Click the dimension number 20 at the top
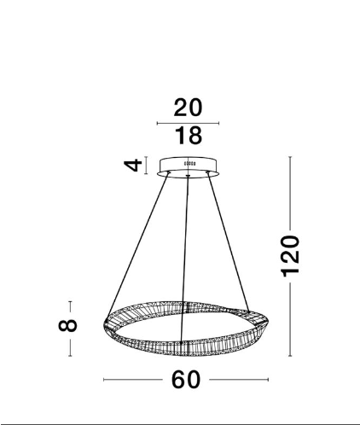tap(188, 108)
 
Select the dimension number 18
tap(189, 136)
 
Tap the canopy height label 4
tap(133, 165)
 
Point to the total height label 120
tap(290, 256)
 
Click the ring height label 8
tap(67, 326)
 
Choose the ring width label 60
tap(186, 380)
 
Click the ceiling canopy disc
tap(188, 167)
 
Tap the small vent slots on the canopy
tap(189, 163)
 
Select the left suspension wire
tap(137, 245)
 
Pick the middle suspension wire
tap(184, 259)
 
